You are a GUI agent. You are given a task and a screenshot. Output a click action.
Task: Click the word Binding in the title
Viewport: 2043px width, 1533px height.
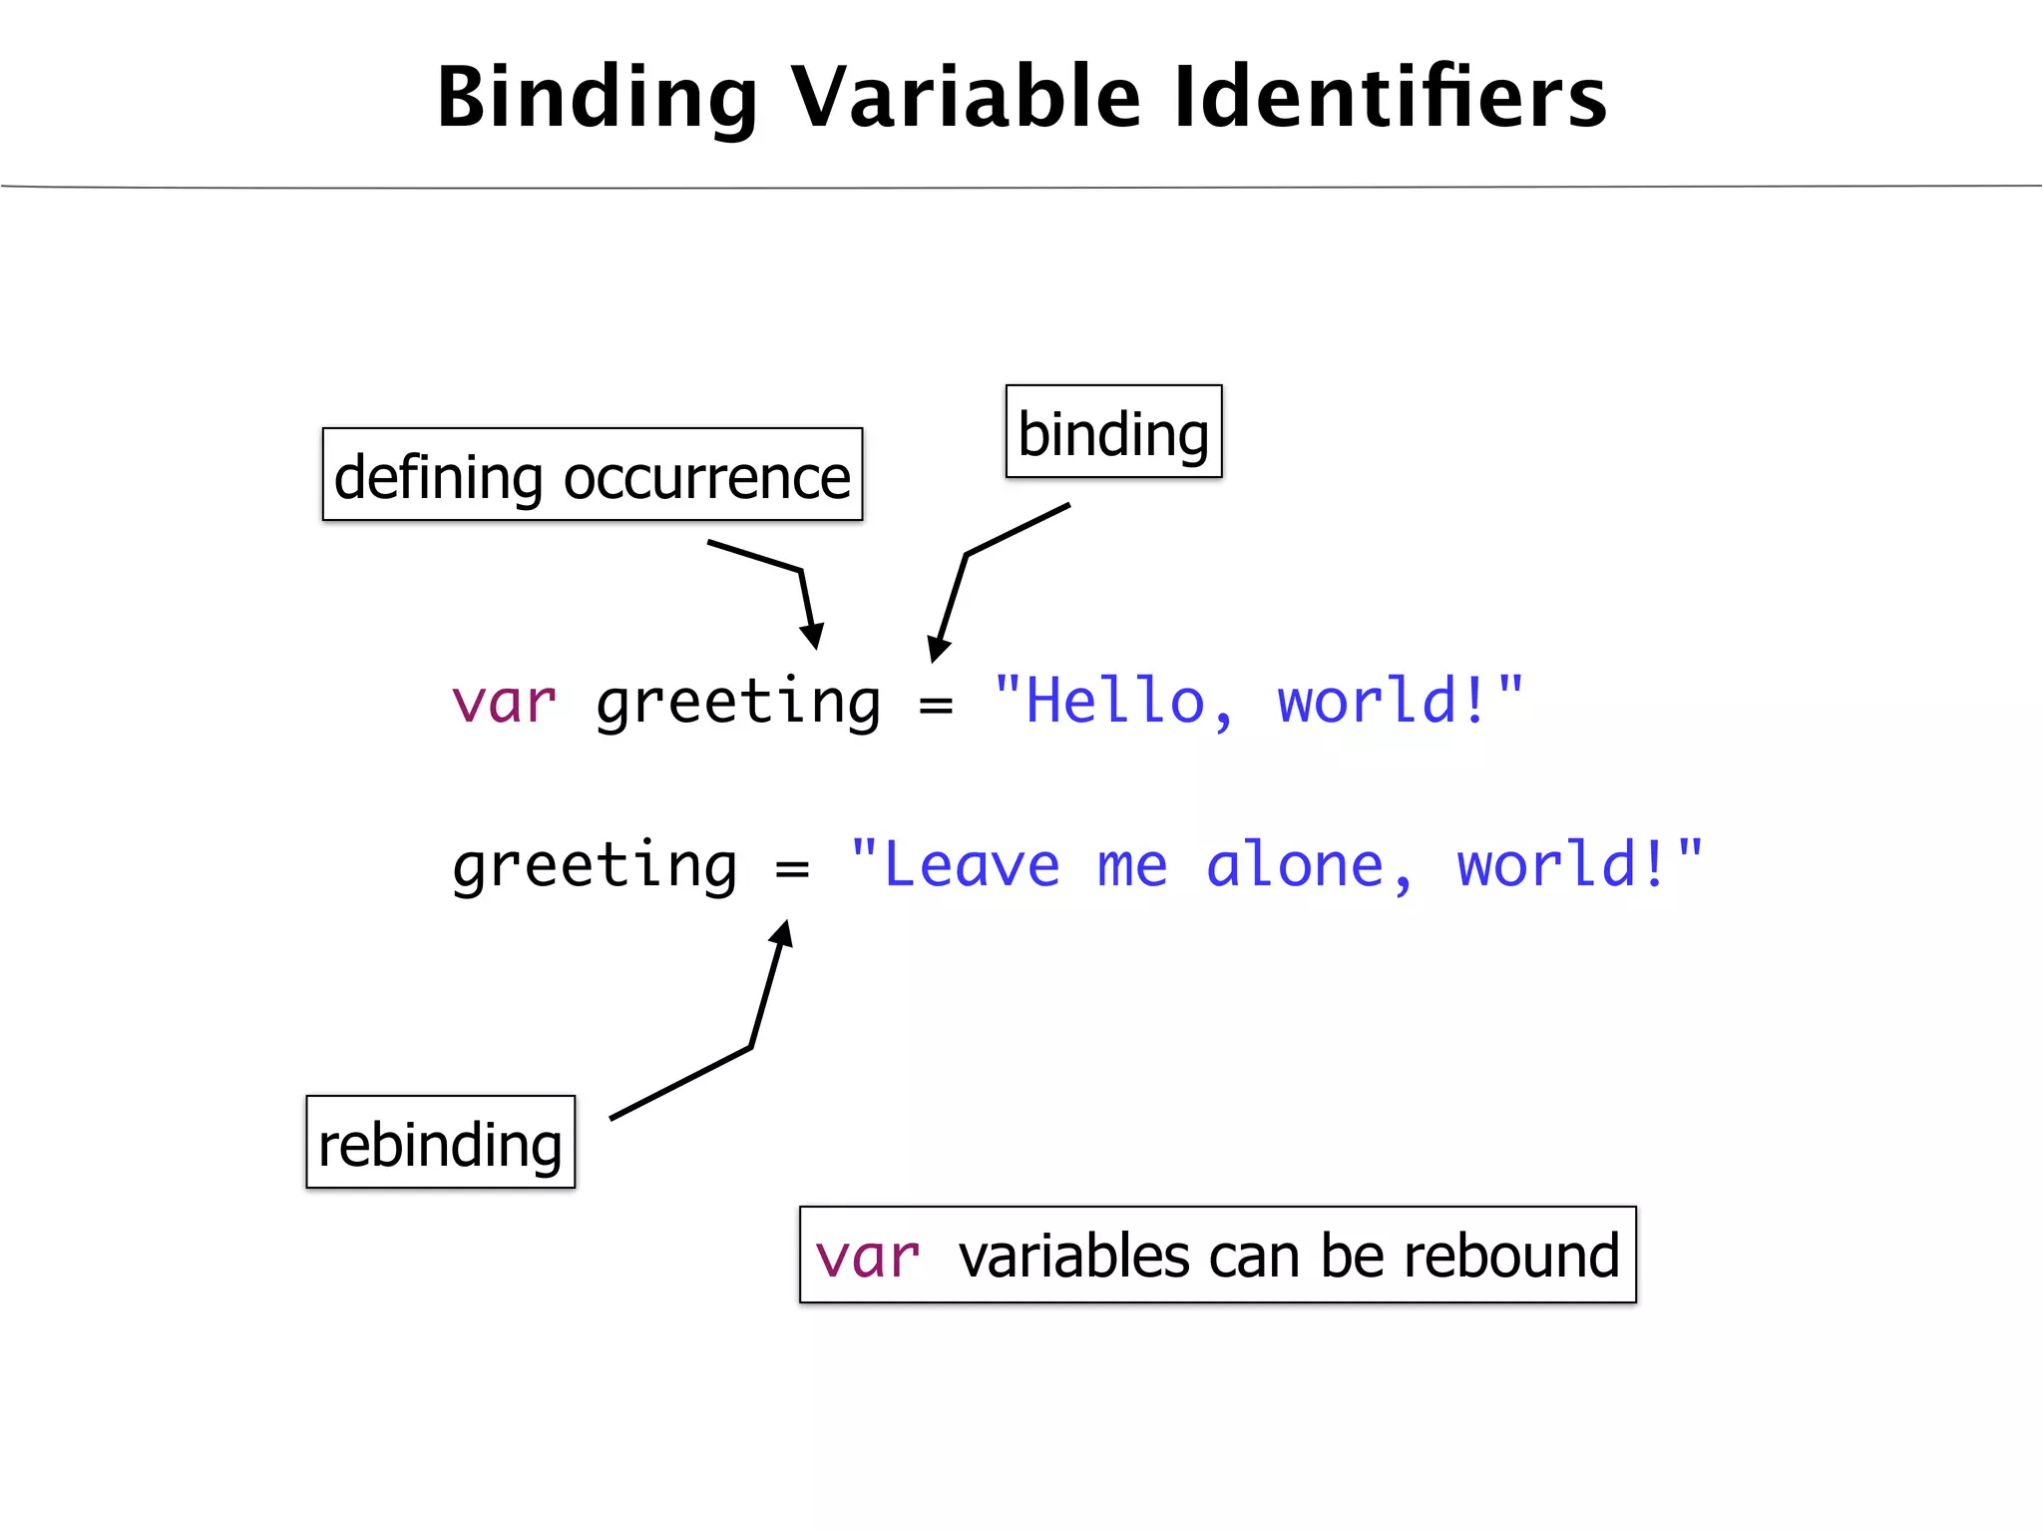pyautogui.click(x=597, y=98)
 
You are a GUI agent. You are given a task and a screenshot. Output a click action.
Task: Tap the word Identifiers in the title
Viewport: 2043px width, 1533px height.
pyautogui.click(x=1390, y=98)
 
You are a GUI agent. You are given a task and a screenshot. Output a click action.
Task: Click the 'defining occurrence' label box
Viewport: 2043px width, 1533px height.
pyautogui.click(x=593, y=475)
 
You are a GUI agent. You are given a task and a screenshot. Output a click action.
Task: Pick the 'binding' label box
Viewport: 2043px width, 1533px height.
pyautogui.click(x=1113, y=432)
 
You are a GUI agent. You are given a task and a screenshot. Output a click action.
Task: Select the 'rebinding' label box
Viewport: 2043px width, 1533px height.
pyautogui.click(x=440, y=1143)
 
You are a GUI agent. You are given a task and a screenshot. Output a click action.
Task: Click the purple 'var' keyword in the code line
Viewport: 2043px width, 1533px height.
pyautogui.click(x=504, y=702)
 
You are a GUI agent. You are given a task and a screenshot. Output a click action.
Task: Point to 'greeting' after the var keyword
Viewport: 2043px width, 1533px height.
pyautogui.click(x=738, y=704)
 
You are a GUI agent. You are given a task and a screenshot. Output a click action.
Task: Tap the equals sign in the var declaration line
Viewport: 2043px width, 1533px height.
pyautogui.click(x=936, y=705)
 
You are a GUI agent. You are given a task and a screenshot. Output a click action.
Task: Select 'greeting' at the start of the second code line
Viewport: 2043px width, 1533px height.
pyautogui.click(x=595, y=867)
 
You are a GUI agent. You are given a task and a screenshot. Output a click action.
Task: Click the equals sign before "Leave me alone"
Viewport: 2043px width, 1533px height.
pyautogui.click(x=792, y=867)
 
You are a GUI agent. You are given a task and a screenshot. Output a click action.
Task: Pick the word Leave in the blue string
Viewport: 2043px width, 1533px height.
pyautogui.click(x=972, y=865)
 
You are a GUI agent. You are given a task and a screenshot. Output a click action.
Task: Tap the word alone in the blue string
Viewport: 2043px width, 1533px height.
pyautogui.click(x=1295, y=865)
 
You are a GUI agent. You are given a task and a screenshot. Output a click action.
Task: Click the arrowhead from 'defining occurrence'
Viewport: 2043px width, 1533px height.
pyautogui.click(x=814, y=637)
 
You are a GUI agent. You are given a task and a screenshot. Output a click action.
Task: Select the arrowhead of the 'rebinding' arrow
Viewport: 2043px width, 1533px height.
pyautogui.click(x=783, y=934)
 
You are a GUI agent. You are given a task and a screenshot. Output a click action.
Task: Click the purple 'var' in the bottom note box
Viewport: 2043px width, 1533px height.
pyautogui.click(x=867, y=1257)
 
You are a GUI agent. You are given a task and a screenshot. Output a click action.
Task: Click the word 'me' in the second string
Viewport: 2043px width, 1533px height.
pyautogui.click(x=1132, y=865)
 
